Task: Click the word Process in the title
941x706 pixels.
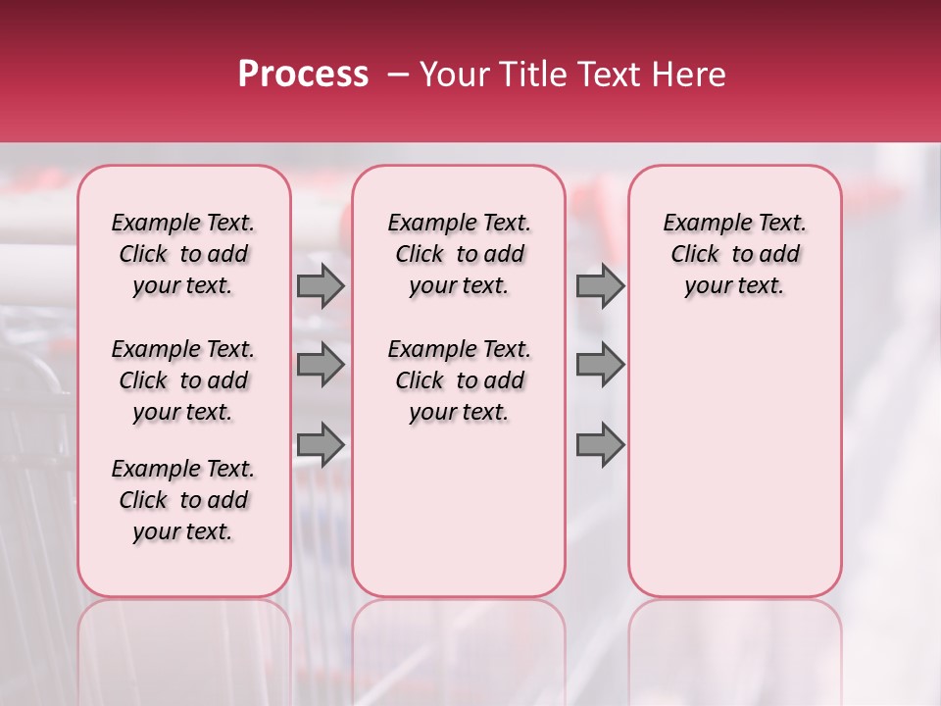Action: point(302,75)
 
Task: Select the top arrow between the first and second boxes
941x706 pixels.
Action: point(321,285)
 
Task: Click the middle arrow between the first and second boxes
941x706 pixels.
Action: point(321,365)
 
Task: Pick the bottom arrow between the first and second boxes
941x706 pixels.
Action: point(321,444)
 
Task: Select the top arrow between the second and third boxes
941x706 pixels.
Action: point(600,285)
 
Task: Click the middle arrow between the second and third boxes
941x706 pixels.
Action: point(600,365)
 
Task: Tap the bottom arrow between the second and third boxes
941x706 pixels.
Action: point(600,444)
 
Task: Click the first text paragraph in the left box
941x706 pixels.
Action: point(183,254)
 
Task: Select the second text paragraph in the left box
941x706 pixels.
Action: point(183,380)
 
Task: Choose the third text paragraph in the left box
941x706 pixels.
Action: point(183,500)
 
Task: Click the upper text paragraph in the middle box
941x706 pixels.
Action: point(459,254)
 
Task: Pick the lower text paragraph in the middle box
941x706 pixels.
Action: point(459,380)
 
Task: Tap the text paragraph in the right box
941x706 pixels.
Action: point(735,254)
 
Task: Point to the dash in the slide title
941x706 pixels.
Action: point(398,75)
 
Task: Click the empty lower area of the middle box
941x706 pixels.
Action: point(459,510)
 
